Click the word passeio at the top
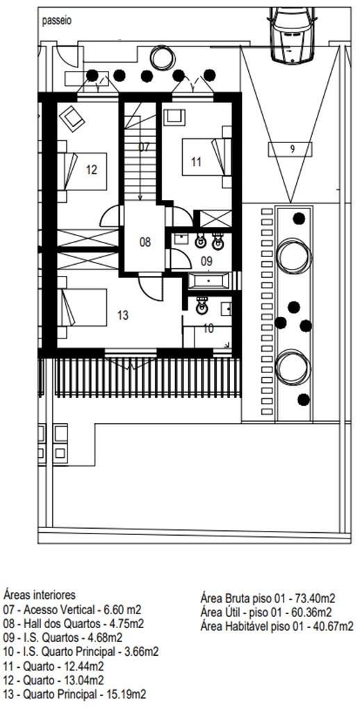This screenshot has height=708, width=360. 57,21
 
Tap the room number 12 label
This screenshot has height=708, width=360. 91,170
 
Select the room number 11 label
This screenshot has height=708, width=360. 195,162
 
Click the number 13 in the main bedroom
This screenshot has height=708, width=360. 123,315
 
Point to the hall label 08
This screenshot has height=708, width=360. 145,242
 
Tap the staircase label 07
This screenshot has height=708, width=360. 144,147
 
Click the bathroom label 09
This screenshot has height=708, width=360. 206,261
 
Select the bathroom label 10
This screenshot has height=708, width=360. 208,329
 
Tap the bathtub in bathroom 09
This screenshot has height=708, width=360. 209,281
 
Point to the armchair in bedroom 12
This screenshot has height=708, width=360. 72,118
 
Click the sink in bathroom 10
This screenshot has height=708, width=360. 202,306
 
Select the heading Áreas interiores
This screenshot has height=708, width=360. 40,594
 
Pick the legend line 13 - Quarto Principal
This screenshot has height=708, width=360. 74,693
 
